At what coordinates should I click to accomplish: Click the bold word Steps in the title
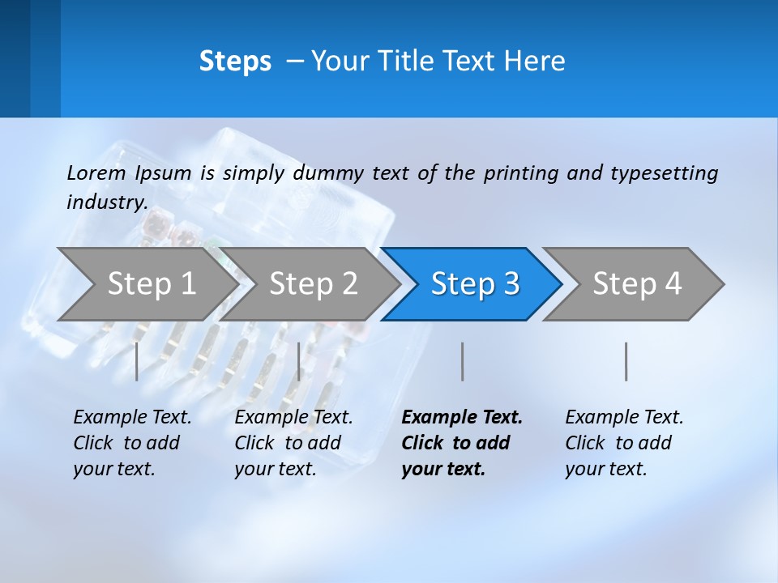[235, 62]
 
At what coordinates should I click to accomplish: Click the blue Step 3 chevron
[475, 283]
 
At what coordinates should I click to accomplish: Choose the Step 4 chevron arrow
[637, 283]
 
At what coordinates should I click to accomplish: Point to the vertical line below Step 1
[137, 361]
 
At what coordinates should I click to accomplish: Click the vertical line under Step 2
[299, 361]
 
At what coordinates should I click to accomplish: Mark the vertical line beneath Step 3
[463, 361]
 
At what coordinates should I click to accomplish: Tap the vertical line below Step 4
[626, 361]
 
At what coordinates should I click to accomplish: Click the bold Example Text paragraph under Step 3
[462, 443]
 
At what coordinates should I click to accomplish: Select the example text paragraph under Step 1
[132, 443]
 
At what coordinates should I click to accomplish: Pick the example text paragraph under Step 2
[293, 443]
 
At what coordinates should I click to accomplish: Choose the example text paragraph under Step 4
[624, 443]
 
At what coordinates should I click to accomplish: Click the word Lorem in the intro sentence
[96, 172]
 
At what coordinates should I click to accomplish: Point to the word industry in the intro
[106, 202]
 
